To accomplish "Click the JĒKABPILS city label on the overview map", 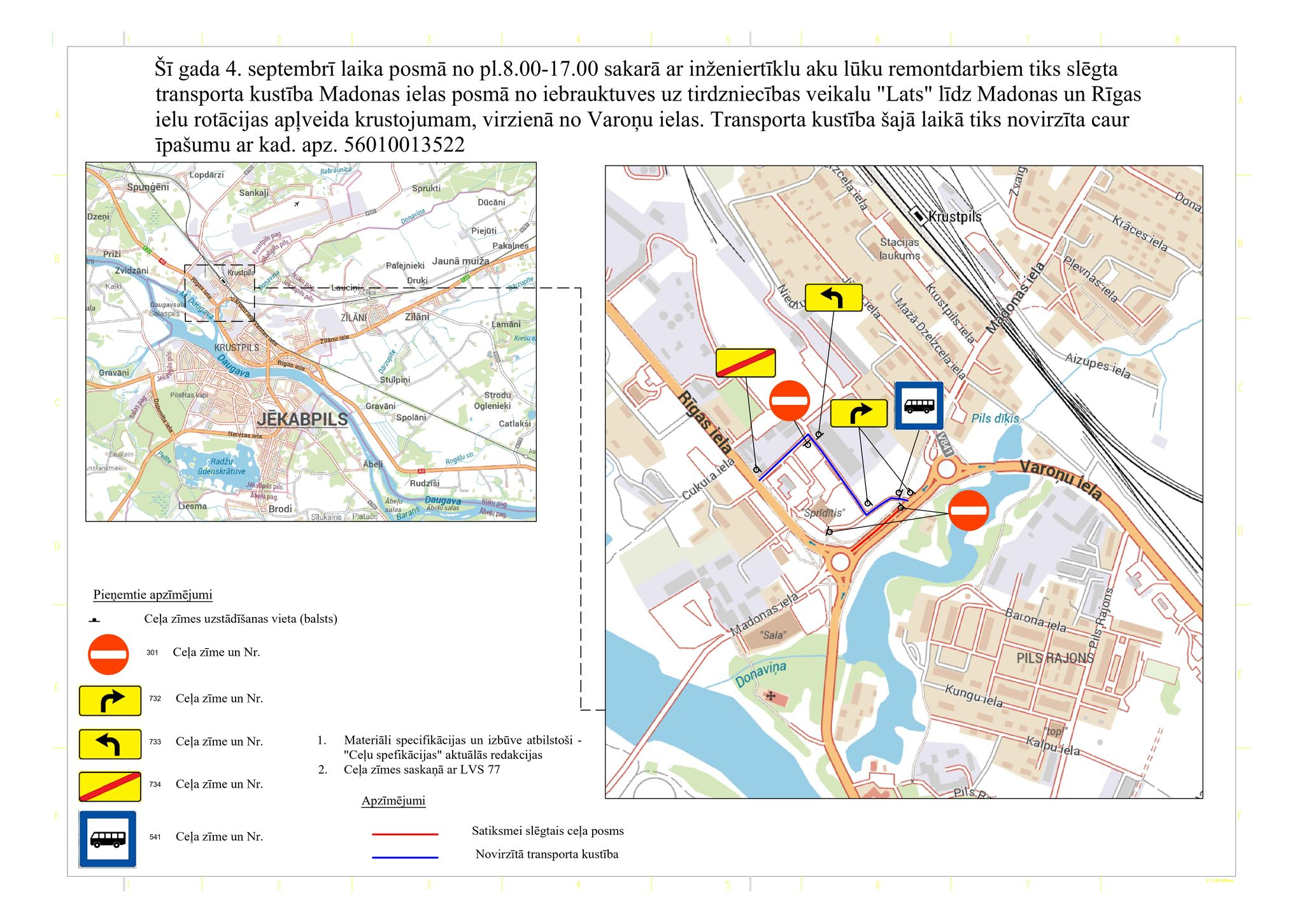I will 302,419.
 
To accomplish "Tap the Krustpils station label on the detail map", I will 954,216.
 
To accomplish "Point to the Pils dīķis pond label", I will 995,418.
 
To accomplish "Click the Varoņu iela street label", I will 1060,479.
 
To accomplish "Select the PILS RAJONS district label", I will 1054,658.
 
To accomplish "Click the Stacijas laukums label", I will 899,249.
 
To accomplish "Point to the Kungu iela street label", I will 974,696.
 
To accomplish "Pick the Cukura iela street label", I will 708,479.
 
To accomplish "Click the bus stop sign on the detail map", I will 919,406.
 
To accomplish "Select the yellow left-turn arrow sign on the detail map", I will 833,297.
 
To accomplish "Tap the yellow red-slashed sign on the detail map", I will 746,363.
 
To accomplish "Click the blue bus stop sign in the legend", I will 108,839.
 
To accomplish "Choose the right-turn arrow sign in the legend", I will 110,700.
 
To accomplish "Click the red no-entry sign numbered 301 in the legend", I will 109,654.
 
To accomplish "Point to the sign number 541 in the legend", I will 155,837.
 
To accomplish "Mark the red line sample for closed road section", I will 405,833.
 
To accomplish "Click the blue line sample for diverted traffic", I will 405,857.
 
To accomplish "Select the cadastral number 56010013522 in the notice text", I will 404,145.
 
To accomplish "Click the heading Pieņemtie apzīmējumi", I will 153,595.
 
